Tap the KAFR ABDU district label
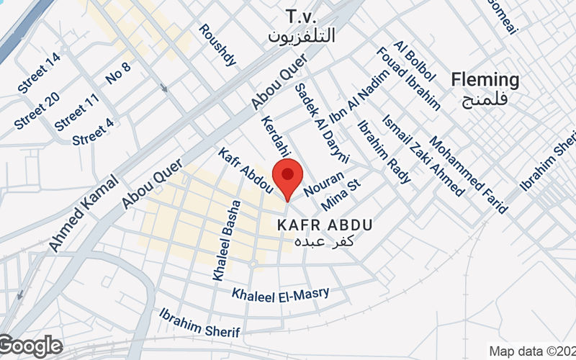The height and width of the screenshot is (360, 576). [325, 225]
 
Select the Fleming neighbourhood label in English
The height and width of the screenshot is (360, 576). [485, 80]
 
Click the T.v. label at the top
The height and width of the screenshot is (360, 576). [301, 16]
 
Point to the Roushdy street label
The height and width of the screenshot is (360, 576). [217, 45]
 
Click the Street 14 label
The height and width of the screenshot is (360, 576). [39, 73]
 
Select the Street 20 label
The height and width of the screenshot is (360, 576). [37, 112]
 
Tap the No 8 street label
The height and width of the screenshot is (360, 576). [118, 73]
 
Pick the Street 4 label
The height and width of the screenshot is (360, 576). [93, 132]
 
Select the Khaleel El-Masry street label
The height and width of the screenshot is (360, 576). [280, 294]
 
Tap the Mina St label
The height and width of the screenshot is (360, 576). [340, 195]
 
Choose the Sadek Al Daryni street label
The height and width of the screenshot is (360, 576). [322, 122]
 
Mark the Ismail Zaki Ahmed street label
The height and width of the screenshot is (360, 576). [423, 156]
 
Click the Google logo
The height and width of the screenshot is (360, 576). [31, 346]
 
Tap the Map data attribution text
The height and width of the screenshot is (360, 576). [531, 351]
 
